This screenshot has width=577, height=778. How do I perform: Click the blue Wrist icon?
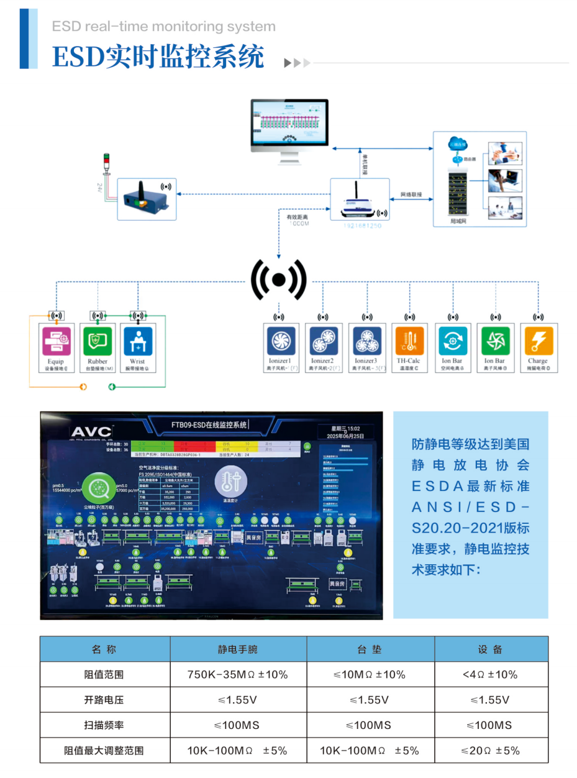138,341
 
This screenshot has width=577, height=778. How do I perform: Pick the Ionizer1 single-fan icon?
280,341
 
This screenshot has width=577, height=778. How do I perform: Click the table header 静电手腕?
237,649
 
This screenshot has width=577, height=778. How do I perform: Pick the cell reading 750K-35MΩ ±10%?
237,674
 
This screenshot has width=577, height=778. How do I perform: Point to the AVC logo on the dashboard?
91,431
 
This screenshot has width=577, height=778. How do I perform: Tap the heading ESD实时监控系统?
158,57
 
